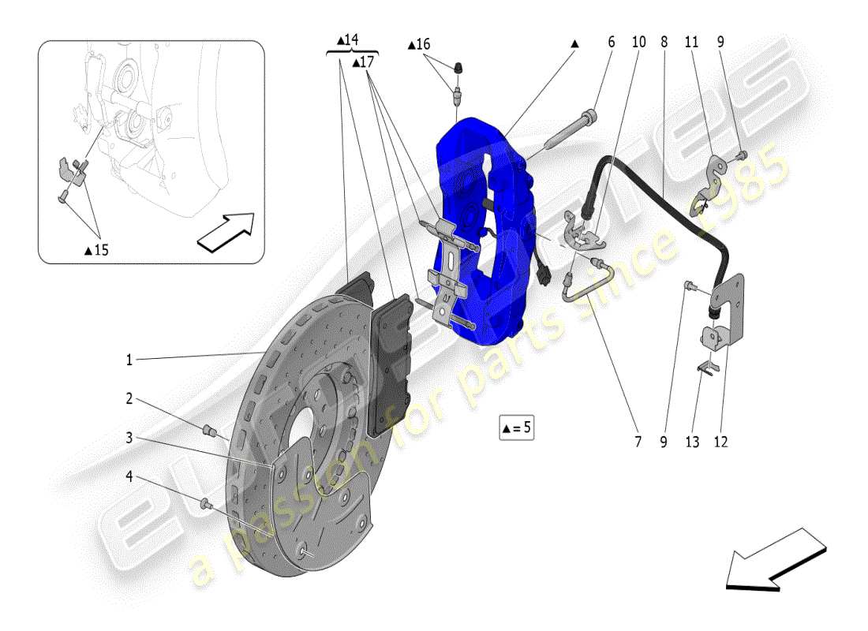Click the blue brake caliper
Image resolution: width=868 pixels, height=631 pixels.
click(473, 229)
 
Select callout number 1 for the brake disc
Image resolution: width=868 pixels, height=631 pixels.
click(129, 360)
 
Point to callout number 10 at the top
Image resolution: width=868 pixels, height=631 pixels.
click(638, 42)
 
